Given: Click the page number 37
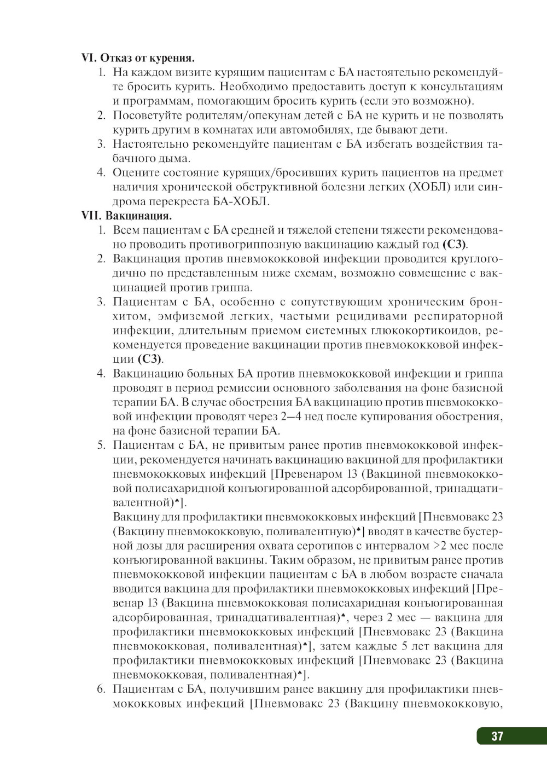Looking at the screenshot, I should point(497,736).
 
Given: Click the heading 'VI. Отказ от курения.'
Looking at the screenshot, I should point(138,58).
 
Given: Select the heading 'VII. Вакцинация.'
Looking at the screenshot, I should point(126,216).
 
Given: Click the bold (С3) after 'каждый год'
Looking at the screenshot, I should point(455,245).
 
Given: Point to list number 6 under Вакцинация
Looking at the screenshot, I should point(101,689).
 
